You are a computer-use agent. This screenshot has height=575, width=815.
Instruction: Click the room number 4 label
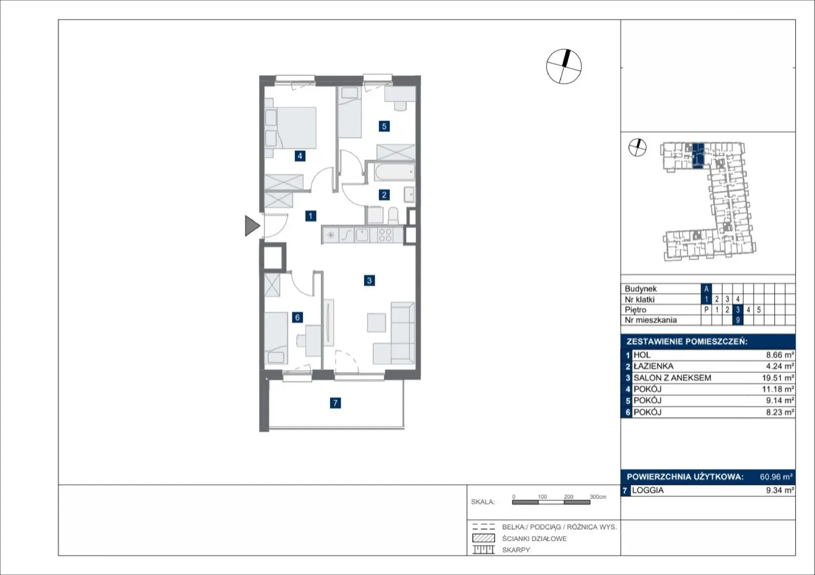tap(300, 156)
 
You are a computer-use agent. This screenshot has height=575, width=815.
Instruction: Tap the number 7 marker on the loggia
tap(335, 403)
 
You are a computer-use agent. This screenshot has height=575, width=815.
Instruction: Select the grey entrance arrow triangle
tap(252, 226)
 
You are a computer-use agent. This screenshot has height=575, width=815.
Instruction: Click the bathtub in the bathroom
tap(395, 172)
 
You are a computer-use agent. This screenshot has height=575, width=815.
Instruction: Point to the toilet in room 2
tap(393, 215)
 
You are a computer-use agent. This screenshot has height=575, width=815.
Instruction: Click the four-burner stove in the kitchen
tap(385, 235)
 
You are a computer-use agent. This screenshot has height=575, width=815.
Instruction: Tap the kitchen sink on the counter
tap(362, 235)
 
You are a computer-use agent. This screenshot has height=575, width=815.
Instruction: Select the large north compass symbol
tap(564, 67)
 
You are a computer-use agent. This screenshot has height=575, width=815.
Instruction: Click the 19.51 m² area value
tap(778, 378)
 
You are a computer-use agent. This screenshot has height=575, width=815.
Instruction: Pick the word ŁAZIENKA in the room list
tap(654, 366)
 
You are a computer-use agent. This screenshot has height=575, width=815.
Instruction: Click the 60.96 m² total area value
tap(776, 477)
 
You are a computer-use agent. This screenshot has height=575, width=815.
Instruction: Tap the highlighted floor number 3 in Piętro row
tap(738, 310)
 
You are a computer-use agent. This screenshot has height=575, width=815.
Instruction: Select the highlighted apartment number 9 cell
tap(738, 320)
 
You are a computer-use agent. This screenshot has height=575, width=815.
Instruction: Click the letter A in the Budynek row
tap(706, 289)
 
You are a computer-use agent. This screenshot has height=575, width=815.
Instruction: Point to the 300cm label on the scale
tap(598, 497)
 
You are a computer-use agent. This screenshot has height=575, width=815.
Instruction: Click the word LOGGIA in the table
tap(647, 490)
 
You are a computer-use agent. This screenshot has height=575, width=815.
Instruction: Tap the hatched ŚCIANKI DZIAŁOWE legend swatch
tap(483, 538)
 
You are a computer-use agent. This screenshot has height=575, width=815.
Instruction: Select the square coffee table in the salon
tap(376, 322)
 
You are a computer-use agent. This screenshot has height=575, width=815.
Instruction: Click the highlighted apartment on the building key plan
tap(698, 156)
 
